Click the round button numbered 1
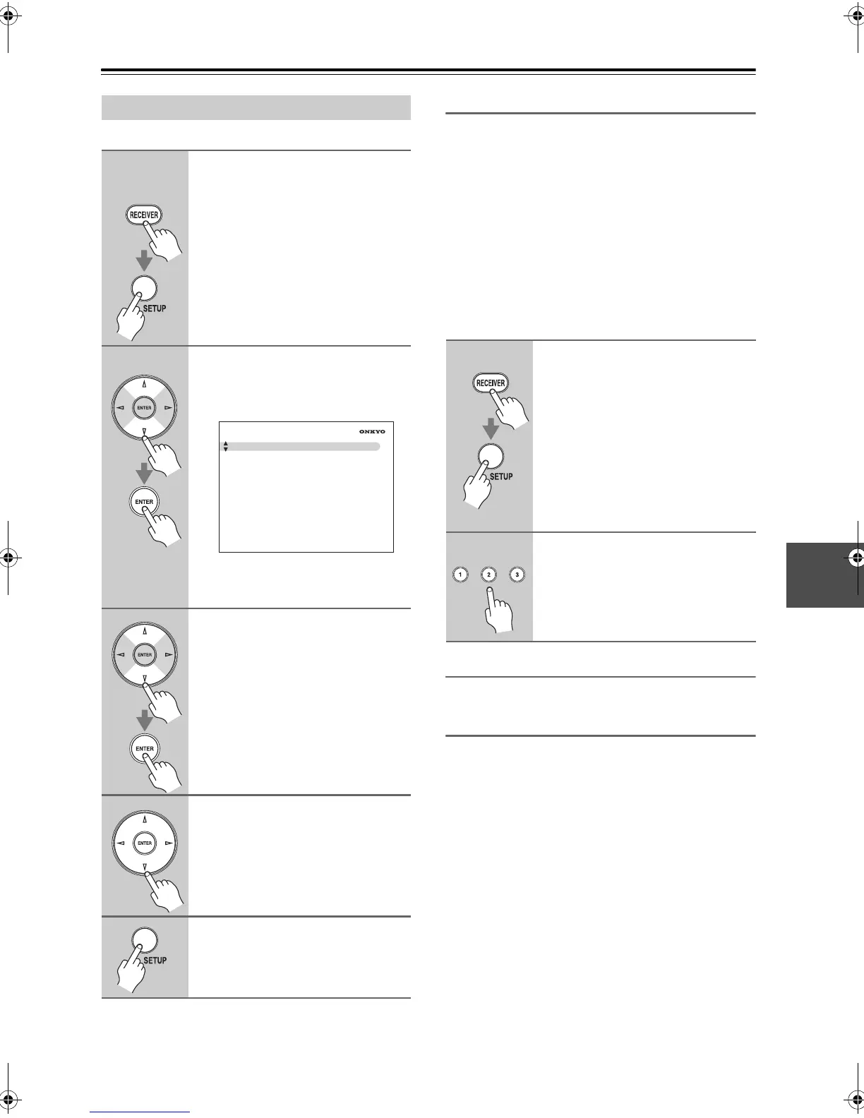point(460,575)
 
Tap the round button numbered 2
point(488,575)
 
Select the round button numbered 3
point(517,575)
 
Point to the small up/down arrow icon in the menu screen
point(226,446)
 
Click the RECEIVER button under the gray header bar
point(144,215)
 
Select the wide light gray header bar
point(256,107)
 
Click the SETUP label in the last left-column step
point(155,960)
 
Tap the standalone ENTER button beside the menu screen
point(144,502)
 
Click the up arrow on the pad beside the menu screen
point(144,385)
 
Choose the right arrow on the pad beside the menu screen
point(167,408)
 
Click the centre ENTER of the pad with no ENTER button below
point(144,843)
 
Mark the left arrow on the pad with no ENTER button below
point(121,843)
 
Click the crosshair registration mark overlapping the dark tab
point(856,558)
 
